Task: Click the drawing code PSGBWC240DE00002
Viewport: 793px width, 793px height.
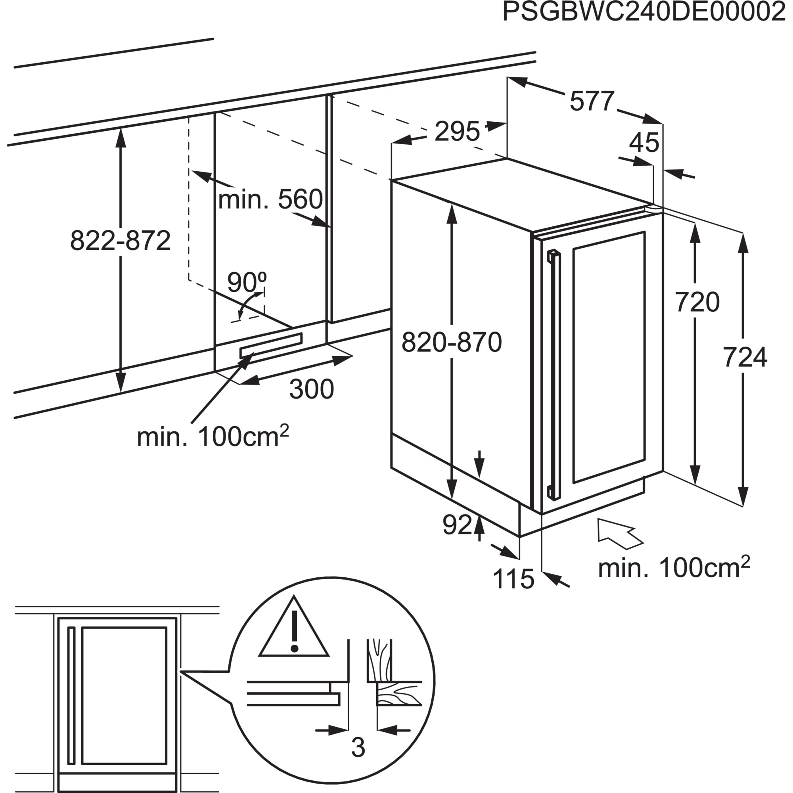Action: (x=644, y=13)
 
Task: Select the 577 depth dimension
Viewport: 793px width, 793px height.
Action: (x=592, y=101)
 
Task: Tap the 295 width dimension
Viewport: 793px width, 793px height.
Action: (x=456, y=132)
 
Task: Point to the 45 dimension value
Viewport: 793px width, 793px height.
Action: (x=644, y=142)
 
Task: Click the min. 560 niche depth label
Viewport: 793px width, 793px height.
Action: (x=270, y=200)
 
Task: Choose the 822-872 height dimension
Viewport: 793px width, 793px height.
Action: (x=120, y=241)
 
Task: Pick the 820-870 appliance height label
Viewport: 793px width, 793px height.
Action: (x=452, y=342)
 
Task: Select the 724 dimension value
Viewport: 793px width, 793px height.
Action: (x=745, y=358)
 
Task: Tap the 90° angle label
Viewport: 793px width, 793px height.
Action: (x=247, y=282)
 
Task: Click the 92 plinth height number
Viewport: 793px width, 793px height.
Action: (x=457, y=525)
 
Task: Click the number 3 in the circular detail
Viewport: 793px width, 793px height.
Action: (x=358, y=748)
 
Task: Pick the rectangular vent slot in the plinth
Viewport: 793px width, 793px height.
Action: (x=271, y=345)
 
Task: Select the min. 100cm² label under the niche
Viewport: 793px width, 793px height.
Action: (x=213, y=437)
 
